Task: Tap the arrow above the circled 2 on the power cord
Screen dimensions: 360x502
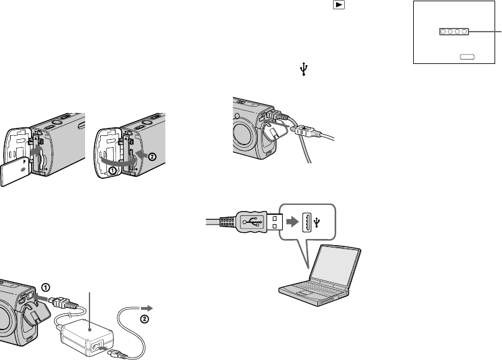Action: click(x=148, y=307)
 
